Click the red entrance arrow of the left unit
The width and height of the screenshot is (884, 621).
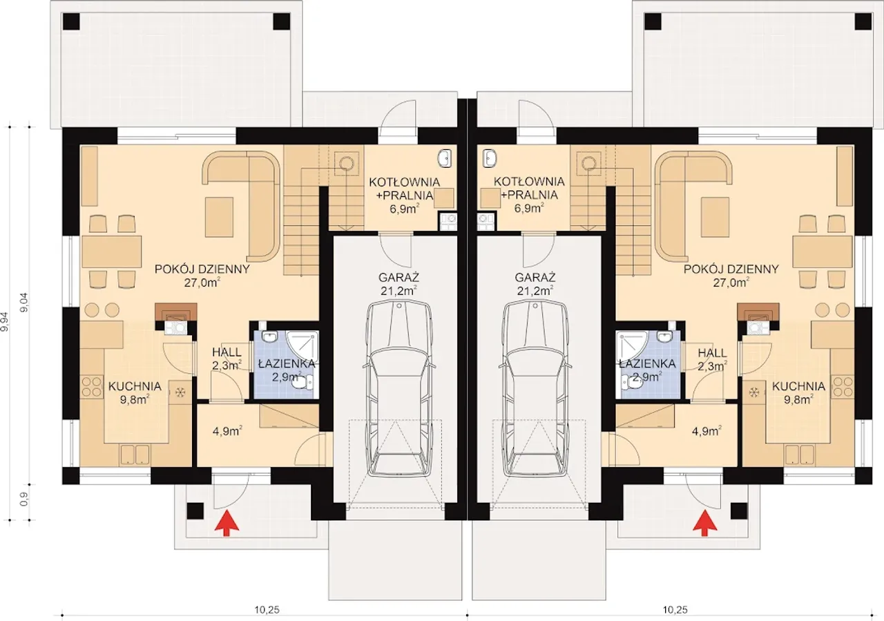(227, 522)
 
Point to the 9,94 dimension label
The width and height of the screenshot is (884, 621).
(5, 321)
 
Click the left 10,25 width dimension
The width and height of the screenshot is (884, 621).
(267, 609)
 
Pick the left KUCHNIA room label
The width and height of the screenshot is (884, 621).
(135, 386)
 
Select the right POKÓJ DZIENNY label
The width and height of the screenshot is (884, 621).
(731, 269)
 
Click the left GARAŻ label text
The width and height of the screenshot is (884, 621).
(398, 277)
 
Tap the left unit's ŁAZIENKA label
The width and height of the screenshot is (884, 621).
(287, 363)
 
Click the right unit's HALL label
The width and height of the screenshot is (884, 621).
(712, 352)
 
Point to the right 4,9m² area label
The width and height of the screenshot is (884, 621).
(707, 431)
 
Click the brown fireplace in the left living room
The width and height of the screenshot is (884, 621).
(175, 312)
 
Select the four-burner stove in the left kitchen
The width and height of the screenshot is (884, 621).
(92, 387)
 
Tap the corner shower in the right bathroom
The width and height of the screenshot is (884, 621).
(631, 348)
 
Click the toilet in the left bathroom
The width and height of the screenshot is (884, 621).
(302, 381)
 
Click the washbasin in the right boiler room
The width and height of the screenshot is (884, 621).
(490, 158)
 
